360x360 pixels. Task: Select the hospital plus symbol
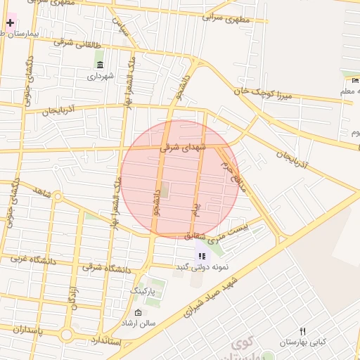(10, 22)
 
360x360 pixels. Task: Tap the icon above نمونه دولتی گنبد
(201, 256)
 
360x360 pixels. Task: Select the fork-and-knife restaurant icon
(302, 331)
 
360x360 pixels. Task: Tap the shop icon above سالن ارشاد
(138, 313)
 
